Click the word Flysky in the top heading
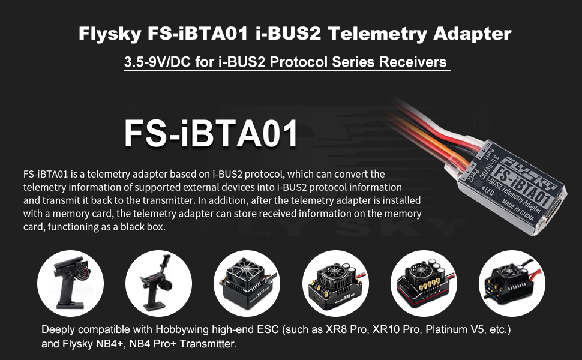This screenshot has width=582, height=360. pyautogui.click(x=110, y=34)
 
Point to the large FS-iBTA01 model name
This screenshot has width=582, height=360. pyautogui.click(x=211, y=134)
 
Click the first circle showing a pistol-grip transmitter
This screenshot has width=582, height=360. pyautogui.click(x=71, y=283)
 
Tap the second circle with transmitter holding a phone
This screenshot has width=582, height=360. pyautogui.click(x=158, y=283)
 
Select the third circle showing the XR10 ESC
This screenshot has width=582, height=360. pyautogui.click(x=247, y=283)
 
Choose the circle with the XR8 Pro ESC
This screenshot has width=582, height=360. pyautogui.click(x=335, y=283)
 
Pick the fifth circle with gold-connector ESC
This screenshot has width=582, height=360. pyautogui.click(x=424, y=283)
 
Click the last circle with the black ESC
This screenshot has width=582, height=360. pyautogui.click(x=512, y=283)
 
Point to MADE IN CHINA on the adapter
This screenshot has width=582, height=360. pyautogui.click(x=518, y=210)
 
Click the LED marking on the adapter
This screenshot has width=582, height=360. pyautogui.click(x=488, y=191)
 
